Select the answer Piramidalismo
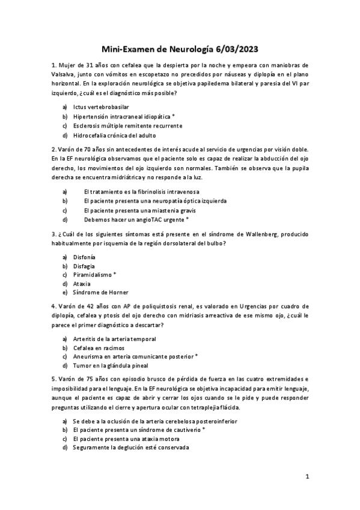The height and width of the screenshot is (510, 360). [x=94, y=274]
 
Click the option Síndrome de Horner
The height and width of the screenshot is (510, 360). [x=100, y=293]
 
